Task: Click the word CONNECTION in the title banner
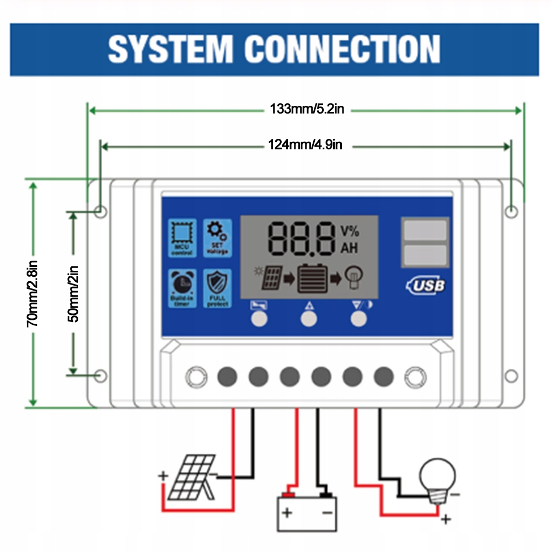(x=342, y=49)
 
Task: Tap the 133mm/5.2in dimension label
(x=307, y=109)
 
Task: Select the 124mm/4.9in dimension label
(x=305, y=145)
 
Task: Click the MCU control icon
(x=183, y=238)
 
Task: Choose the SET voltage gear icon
(x=217, y=238)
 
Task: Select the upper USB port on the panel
(x=425, y=231)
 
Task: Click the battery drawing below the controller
(x=307, y=511)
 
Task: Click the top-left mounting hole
(x=100, y=211)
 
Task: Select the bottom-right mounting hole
(x=511, y=376)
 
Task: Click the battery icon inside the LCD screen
(x=313, y=278)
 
